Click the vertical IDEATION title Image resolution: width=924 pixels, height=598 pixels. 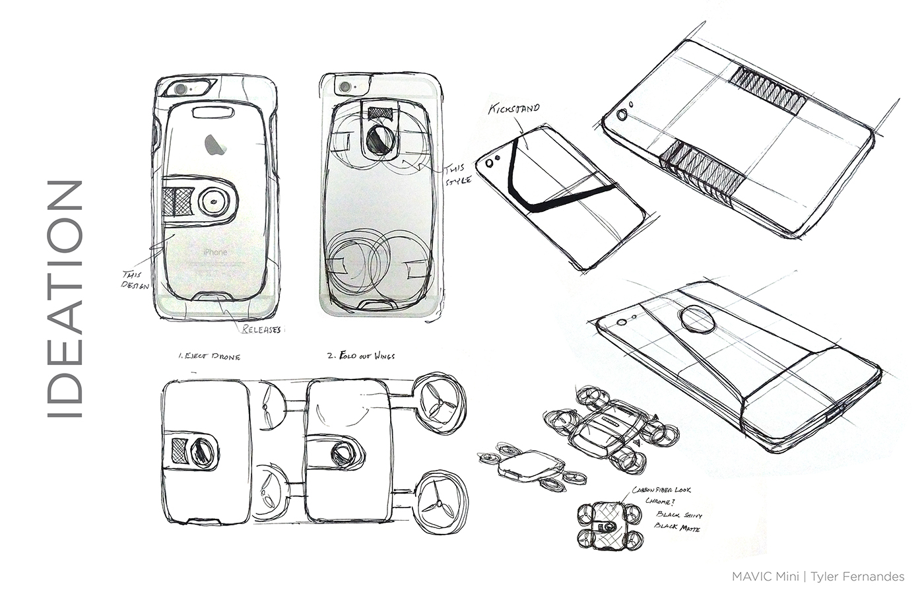(x=65, y=299)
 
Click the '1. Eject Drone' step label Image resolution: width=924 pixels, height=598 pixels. (x=209, y=356)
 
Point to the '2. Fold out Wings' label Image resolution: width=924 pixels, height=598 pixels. (x=361, y=356)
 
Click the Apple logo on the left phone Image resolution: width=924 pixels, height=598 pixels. (x=213, y=144)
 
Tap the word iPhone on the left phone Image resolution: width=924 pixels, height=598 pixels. (x=214, y=252)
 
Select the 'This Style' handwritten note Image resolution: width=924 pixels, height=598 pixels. (x=457, y=174)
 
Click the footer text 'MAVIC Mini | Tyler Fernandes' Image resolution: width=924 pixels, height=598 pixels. (x=818, y=576)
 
